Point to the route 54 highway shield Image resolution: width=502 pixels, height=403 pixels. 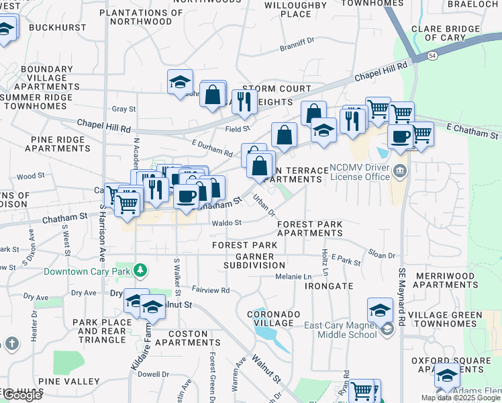[x=434, y=56]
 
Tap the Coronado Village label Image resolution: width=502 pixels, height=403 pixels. [x=270, y=318]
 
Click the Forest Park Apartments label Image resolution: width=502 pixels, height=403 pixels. [x=309, y=228]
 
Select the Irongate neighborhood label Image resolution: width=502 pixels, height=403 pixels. [x=328, y=286]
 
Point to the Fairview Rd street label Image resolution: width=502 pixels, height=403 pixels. [x=210, y=290]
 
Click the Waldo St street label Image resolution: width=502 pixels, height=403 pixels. [x=226, y=223]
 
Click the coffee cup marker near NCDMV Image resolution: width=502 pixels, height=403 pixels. [x=401, y=137]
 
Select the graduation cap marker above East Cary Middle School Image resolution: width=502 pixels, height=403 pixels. [x=380, y=310]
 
